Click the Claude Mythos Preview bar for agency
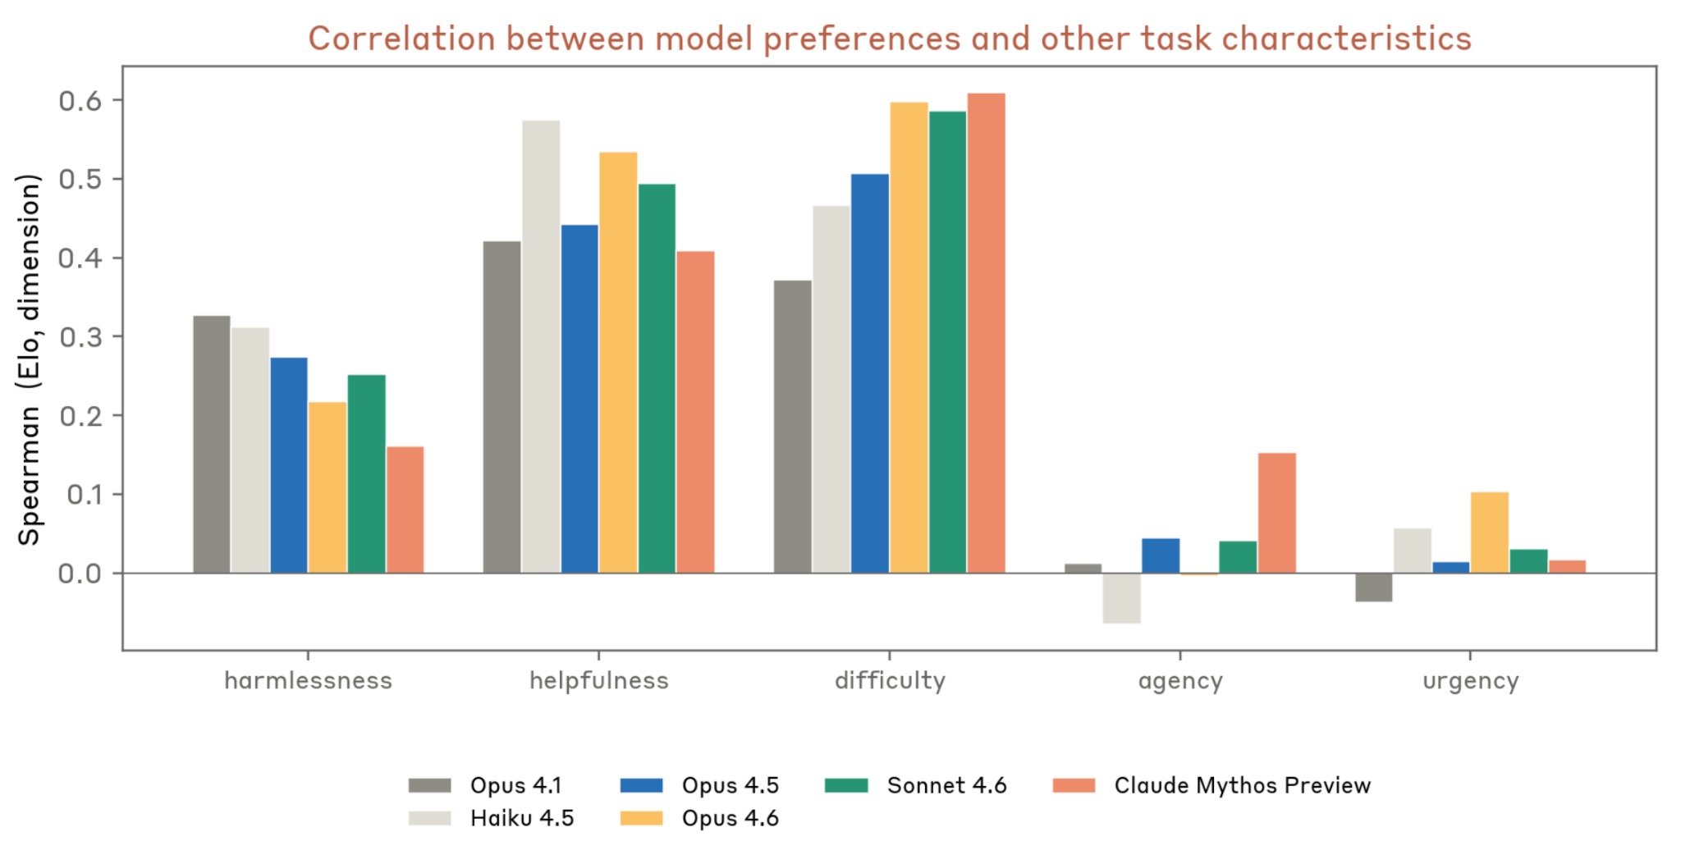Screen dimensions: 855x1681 tap(1276, 513)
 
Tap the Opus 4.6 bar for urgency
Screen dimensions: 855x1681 tap(1489, 533)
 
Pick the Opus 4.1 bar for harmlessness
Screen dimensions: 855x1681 tap(212, 444)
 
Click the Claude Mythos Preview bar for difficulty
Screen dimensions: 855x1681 tap(986, 333)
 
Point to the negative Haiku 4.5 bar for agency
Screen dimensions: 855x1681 tap(1121, 598)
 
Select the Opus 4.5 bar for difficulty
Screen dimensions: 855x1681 tap(869, 373)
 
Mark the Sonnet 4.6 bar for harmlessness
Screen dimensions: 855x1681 tap(366, 473)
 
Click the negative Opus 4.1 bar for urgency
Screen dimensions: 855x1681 tap(1373, 588)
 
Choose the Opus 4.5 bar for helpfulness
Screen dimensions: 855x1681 tap(579, 399)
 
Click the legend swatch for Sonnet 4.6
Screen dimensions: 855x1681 tap(845, 785)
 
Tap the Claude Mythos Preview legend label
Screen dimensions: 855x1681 tap(1242, 785)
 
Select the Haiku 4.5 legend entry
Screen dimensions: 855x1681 tap(521, 818)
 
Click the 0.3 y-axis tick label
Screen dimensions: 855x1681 tap(80, 336)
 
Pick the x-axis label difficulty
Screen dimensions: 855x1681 tap(890, 680)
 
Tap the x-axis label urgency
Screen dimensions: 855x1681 tap(1470, 680)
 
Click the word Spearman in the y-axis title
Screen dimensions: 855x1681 tap(29, 476)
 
